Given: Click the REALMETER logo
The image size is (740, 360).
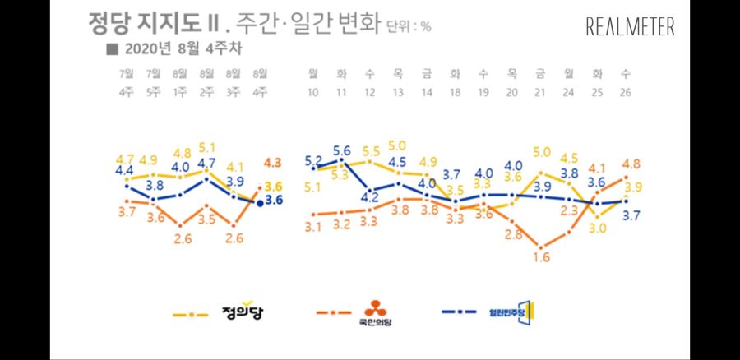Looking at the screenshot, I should pos(630,27).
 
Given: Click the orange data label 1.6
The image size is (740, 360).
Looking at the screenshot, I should pos(540,258).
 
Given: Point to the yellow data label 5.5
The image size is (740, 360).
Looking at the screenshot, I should pos(370,152).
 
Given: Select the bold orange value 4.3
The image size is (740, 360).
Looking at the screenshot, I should pos(273,162).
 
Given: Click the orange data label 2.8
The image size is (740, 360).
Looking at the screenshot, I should pos(514,235).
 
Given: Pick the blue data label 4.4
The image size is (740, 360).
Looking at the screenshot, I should pos(125,171).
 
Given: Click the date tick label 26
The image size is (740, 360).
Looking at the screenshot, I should pos(627,92).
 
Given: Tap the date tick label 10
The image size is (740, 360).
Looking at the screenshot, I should pos(312,92).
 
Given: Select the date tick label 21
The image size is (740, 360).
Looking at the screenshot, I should pos(541,92).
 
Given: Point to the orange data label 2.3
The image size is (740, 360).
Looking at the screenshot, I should pos(569,210).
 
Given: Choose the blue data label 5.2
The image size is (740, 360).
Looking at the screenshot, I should pos(313,160).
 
